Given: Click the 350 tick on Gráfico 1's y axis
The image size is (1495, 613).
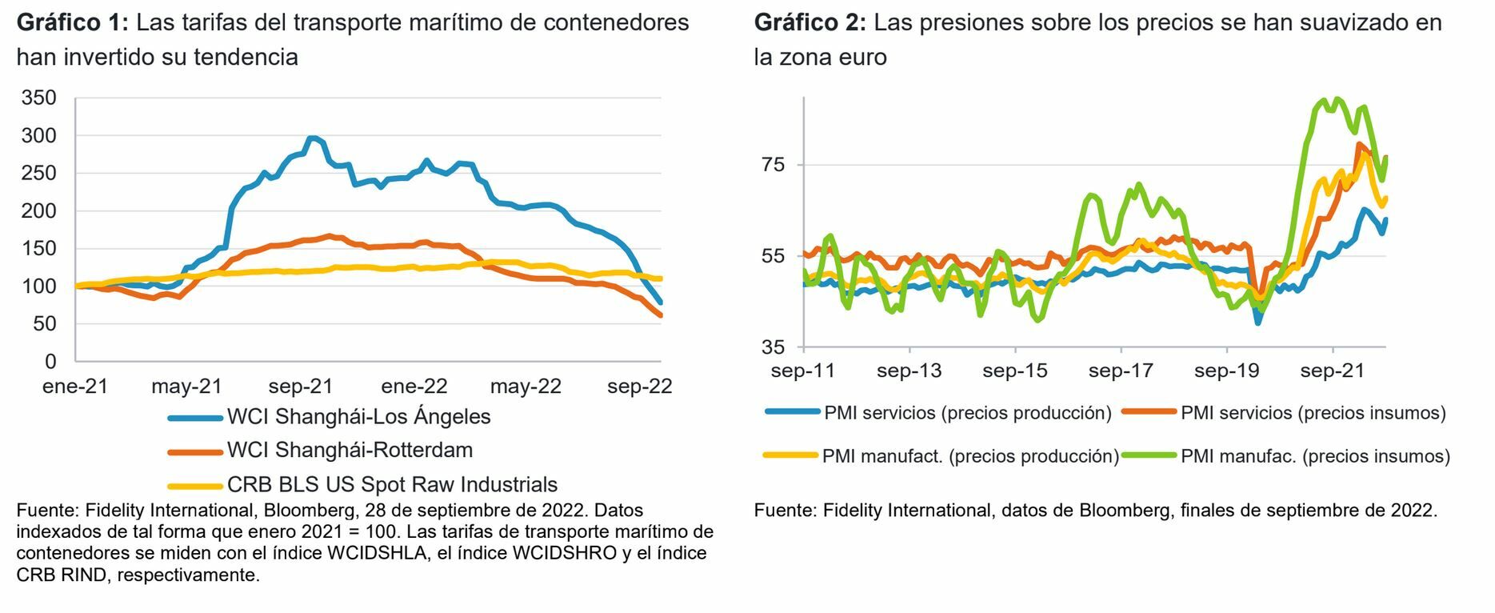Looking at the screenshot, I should pyautogui.click(x=39, y=98).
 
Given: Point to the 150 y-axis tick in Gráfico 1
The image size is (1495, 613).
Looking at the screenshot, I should pyautogui.click(x=39, y=248).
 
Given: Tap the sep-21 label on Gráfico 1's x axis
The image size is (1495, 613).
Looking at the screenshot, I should pyautogui.click(x=300, y=387).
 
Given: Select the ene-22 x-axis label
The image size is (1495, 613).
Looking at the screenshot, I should pyautogui.click(x=414, y=387).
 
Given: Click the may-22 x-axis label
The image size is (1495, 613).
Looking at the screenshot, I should pyautogui.click(x=526, y=387).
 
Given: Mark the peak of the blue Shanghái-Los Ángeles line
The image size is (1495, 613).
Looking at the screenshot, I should pyautogui.click(x=312, y=138).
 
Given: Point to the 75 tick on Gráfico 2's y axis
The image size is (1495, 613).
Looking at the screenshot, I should pyautogui.click(x=774, y=165).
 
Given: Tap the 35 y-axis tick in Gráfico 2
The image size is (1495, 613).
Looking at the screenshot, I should pyautogui.click(x=774, y=347).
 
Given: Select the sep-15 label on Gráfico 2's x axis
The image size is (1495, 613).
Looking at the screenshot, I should pyautogui.click(x=1014, y=371).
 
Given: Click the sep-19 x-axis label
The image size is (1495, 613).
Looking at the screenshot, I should pyautogui.click(x=1226, y=371).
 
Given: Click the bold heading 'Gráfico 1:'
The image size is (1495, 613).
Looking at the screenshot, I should pyautogui.click(x=72, y=22).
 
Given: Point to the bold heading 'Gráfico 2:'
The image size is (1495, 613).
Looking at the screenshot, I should pyautogui.click(x=809, y=22).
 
